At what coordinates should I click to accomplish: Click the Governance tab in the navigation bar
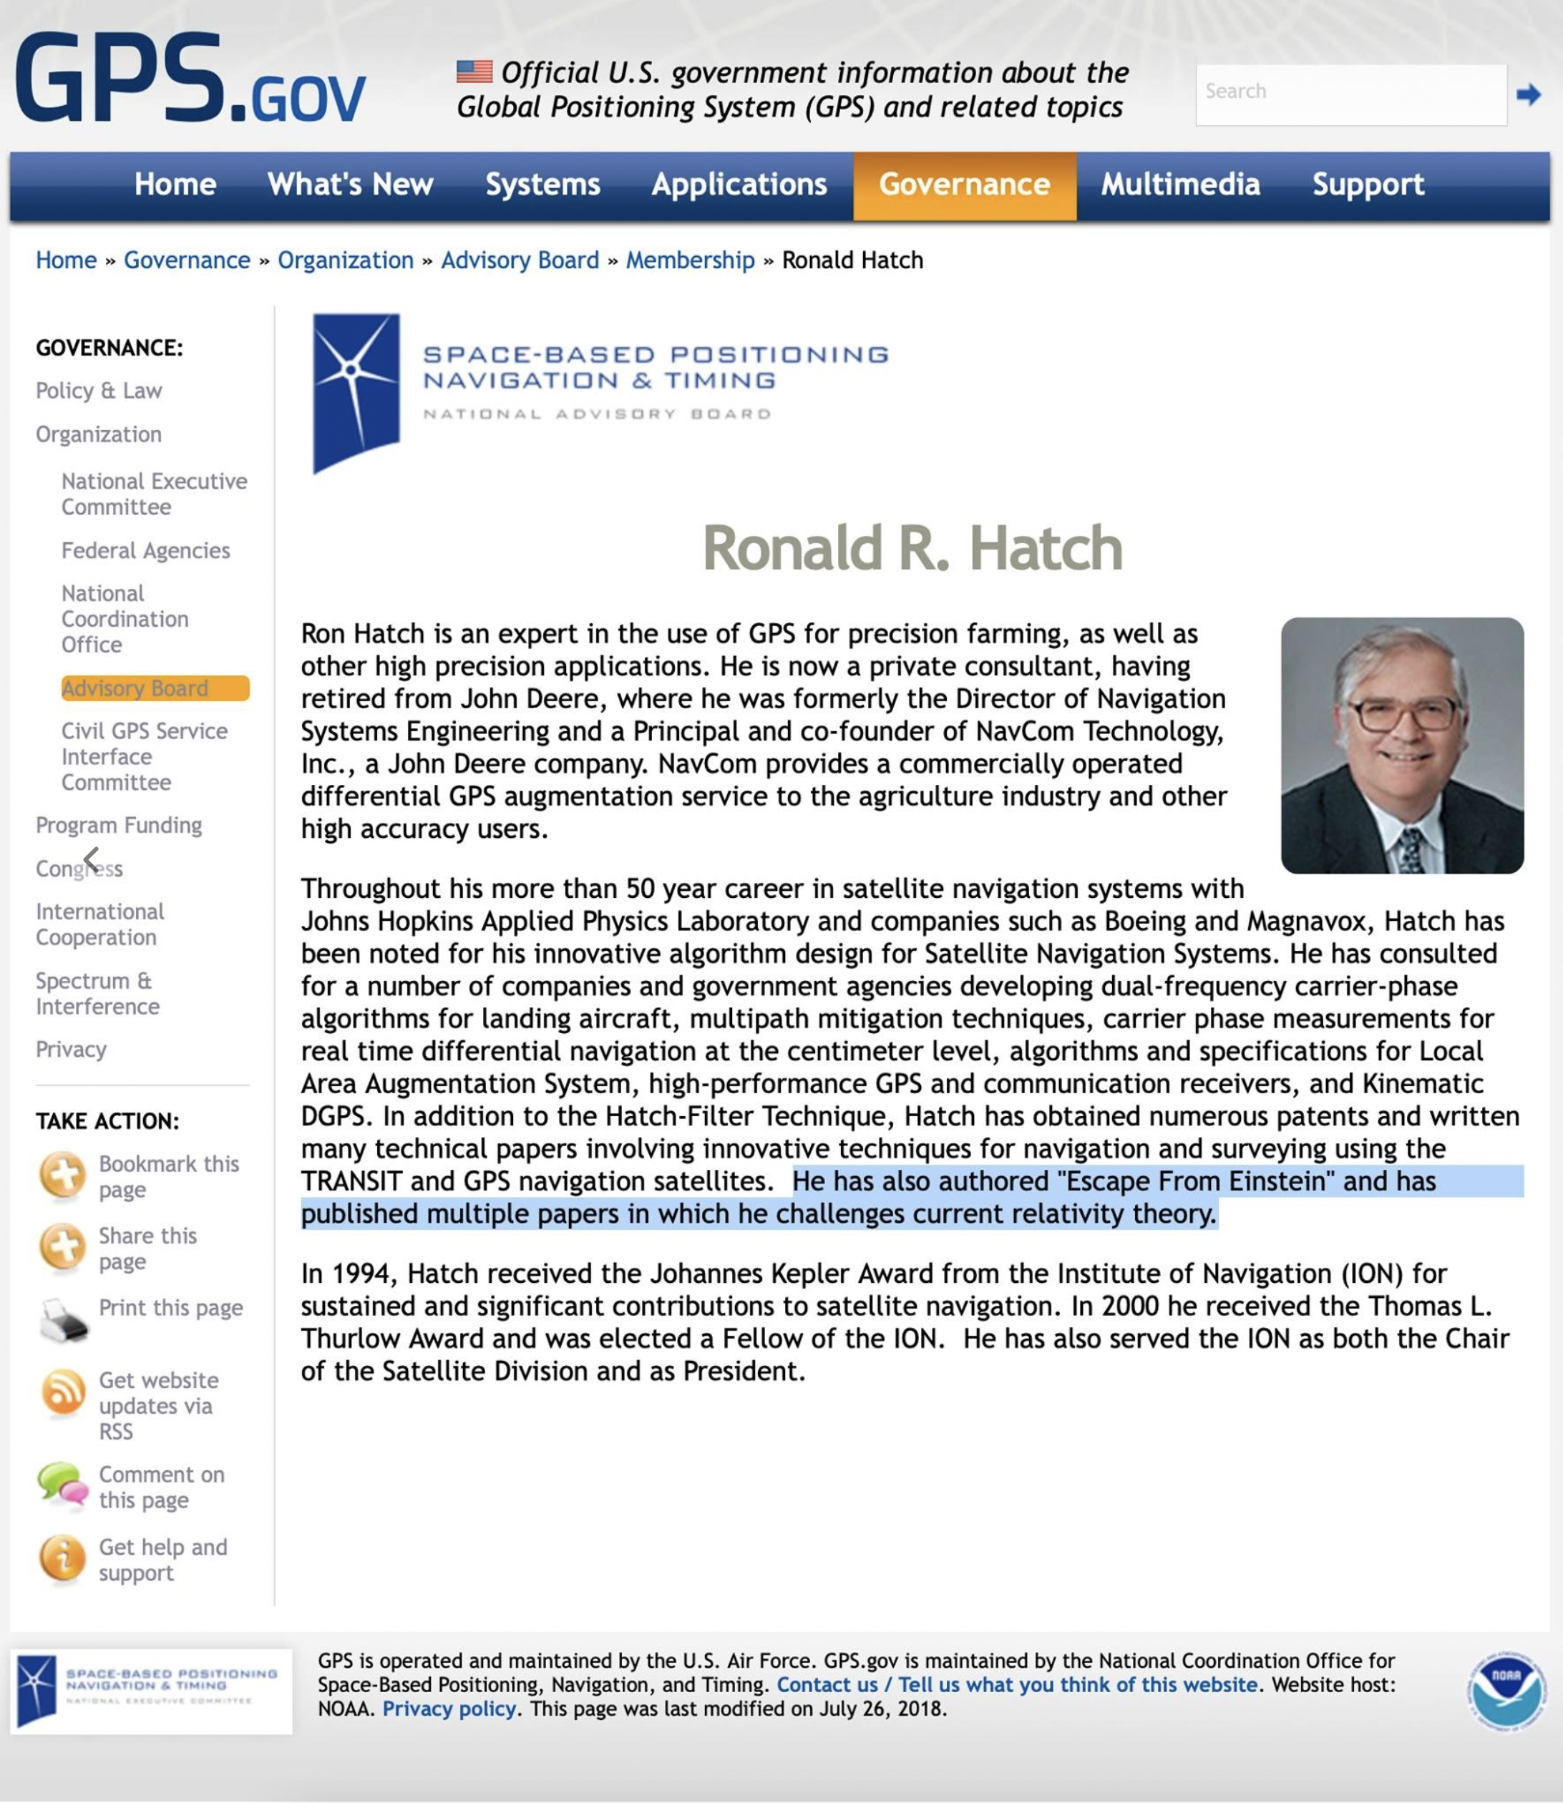tap(964, 185)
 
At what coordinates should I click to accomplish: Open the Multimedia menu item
tap(1180, 185)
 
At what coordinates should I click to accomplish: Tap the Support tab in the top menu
tap(1368, 185)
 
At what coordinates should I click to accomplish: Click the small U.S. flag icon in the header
tap(474, 72)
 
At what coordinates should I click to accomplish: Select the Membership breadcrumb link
tap(690, 260)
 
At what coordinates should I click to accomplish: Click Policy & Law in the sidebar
tap(99, 391)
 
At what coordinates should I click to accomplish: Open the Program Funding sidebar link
tap(119, 825)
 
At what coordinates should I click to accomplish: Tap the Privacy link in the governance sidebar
tap(71, 1049)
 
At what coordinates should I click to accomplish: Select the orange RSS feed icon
tap(63, 1391)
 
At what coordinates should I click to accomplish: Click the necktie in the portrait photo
tap(1410, 849)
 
